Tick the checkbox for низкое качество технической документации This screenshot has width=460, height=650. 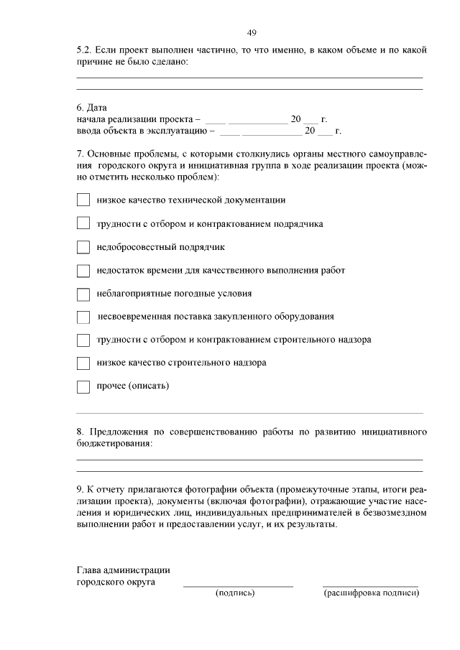[83, 200]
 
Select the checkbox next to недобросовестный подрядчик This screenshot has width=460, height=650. [83, 247]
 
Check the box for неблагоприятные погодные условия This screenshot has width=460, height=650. [83, 294]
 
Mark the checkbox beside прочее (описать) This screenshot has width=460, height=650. [83, 386]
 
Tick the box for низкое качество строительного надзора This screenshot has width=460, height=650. [83, 363]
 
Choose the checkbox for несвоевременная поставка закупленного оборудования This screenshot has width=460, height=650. [83, 317]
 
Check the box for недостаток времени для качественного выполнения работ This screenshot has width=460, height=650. [83, 271]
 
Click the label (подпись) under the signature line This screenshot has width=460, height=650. [236, 593]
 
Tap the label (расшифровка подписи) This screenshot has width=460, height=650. [371, 593]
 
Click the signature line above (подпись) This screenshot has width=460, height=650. [238, 585]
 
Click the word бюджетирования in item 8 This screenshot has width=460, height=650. [114, 445]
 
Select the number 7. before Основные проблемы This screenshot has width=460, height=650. [80, 154]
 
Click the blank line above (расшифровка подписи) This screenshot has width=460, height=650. [370, 585]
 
